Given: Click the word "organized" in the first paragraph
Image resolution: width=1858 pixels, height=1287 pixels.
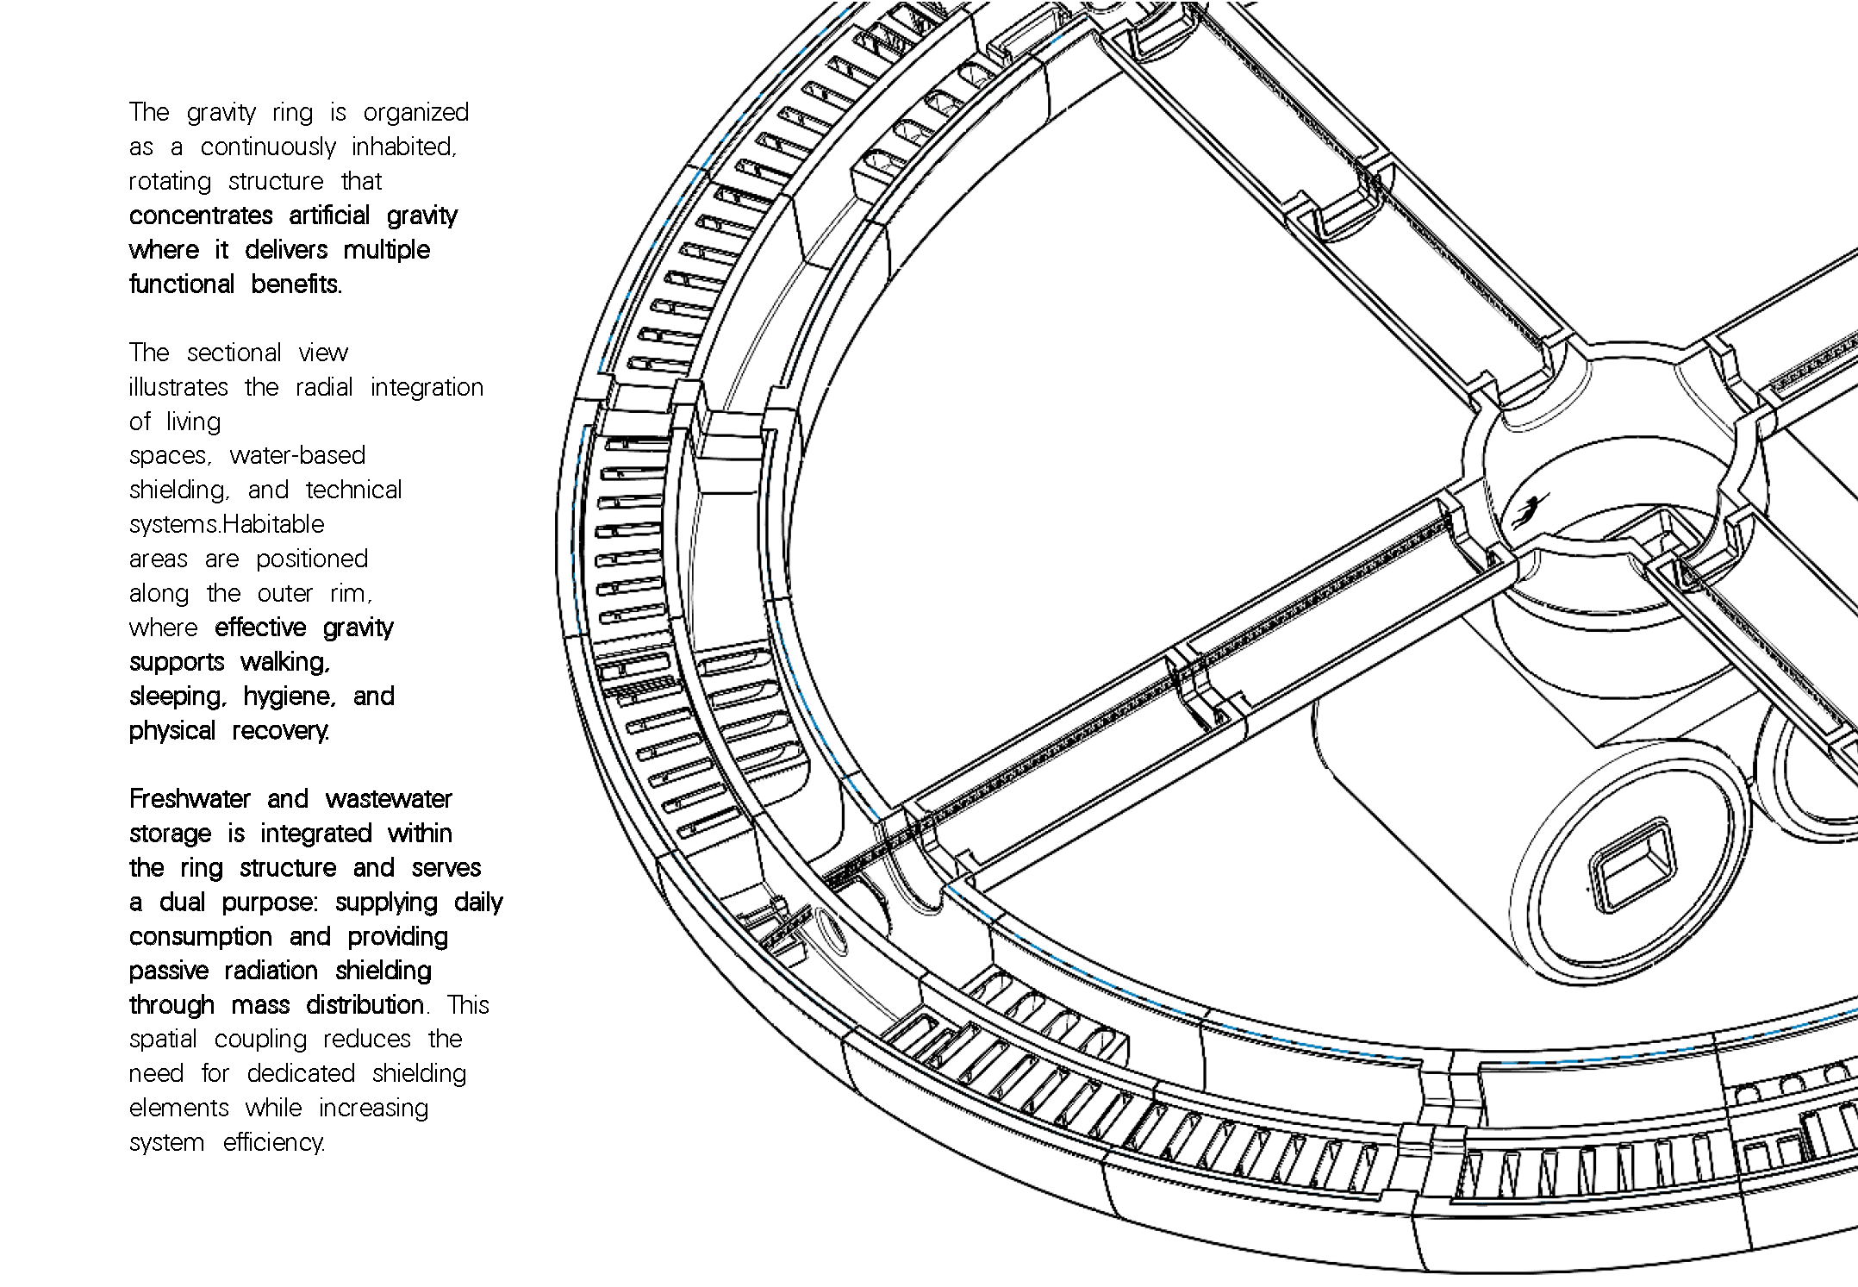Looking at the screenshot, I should point(415,113).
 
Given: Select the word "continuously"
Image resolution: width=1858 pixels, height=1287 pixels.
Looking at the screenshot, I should point(267,147).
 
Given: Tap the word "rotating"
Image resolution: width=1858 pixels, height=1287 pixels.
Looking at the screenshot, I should point(170,182).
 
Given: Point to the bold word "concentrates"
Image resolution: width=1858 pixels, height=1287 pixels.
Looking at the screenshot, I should point(201,216).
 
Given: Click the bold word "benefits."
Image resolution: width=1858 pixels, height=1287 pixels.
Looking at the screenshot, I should point(296,284).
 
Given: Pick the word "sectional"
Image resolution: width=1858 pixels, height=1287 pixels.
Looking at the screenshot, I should point(234,353).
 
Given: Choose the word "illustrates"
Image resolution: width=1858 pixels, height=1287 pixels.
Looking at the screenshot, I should point(178,387).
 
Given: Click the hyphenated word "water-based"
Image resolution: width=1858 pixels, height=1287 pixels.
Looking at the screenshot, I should point(297,455).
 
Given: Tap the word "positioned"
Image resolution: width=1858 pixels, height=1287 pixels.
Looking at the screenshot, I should point(312,559).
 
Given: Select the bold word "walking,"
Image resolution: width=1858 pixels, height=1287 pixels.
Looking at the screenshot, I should point(285,662).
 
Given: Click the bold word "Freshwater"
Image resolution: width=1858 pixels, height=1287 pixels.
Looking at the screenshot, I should point(190,799).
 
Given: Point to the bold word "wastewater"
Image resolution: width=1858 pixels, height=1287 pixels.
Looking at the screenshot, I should point(389,799).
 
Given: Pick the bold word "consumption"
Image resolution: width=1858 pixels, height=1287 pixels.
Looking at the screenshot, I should point(200,937).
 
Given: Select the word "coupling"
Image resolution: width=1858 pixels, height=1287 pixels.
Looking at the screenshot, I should point(260,1040).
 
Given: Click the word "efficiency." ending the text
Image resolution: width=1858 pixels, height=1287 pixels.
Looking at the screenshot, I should point(274,1143).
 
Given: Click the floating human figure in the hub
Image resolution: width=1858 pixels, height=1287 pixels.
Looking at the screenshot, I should point(1530,510).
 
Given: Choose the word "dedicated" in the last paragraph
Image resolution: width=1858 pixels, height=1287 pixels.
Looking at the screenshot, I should point(301,1074).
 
